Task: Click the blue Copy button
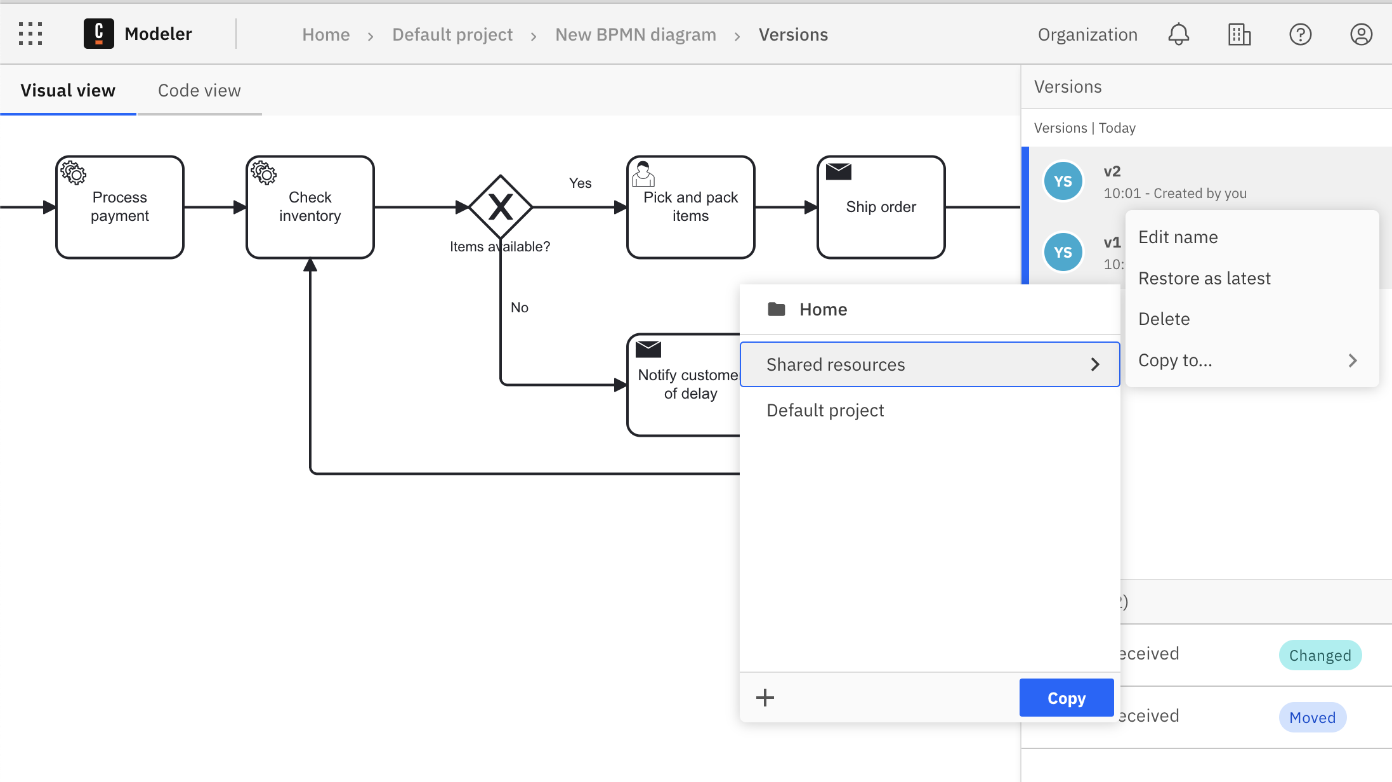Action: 1066,698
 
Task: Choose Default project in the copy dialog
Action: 825,411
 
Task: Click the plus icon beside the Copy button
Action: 765,698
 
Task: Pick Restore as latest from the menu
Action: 1204,278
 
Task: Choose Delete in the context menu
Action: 1164,319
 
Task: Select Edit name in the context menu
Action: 1178,237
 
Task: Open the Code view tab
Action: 199,91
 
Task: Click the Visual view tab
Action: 68,91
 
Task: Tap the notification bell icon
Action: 1178,34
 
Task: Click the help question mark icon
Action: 1300,34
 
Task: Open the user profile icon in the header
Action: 1360,34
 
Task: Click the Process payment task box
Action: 120,207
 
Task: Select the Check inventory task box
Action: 310,207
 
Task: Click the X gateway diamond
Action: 501,207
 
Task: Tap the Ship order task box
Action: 881,207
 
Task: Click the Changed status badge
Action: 1320,655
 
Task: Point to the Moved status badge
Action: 1312,717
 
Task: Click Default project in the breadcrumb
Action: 452,34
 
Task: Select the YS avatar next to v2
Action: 1063,182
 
